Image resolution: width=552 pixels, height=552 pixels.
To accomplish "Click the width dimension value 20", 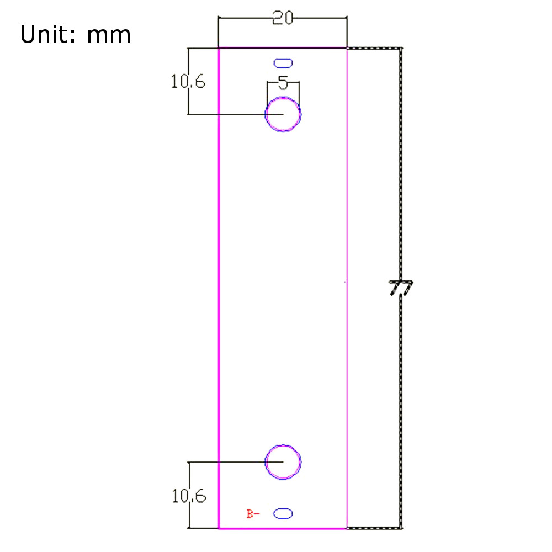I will coord(283,18).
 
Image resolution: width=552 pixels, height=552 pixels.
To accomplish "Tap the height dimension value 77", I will coord(401,288).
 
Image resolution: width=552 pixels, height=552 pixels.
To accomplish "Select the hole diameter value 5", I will coord(283,83).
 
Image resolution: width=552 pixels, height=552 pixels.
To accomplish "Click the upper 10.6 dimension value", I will coord(188,82).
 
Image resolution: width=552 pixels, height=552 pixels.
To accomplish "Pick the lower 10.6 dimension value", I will coord(189,497).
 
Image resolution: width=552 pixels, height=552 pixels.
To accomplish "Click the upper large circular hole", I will coord(283,114).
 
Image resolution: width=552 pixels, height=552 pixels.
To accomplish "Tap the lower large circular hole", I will coord(283,461).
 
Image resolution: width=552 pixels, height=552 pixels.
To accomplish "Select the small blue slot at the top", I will coord(283,63).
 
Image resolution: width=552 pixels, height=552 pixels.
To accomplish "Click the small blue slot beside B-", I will coord(283,514).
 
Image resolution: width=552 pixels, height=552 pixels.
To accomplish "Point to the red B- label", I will coord(253,514).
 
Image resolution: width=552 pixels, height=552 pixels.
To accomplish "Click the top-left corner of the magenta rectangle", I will coord(219,49).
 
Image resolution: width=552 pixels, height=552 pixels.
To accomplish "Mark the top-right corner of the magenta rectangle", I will coord(347,49).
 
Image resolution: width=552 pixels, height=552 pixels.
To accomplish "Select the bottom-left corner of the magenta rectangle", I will coord(219,528).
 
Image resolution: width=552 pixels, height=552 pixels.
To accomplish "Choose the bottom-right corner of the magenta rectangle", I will coord(347,528).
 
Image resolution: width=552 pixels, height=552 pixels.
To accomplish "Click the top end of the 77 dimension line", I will coord(401,49).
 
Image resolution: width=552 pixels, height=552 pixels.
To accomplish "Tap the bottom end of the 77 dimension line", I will coord(401,528).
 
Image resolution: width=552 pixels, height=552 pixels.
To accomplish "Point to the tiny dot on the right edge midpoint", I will coord(345,282).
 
